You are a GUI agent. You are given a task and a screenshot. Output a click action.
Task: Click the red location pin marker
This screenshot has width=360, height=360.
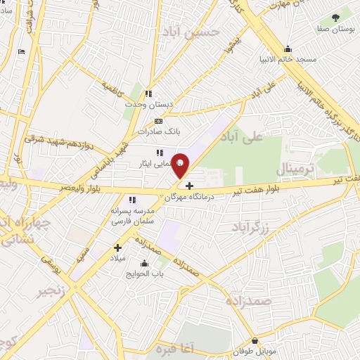coord(181,165)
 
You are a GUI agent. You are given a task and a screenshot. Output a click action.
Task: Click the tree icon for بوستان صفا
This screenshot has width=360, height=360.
coord(335,17)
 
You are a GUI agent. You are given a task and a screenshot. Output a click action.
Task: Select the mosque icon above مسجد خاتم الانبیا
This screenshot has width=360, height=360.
coord(287,49)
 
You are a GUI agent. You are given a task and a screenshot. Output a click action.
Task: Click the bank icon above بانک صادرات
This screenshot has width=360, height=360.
coord(157,120)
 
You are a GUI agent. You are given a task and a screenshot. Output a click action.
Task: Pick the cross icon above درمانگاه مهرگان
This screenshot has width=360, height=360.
coord(190,186)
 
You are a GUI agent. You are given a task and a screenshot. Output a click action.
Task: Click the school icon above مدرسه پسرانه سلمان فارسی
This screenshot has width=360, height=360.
coord(132,200)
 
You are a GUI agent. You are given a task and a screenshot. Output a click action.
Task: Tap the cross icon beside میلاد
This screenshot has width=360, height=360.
coord(117,247)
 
